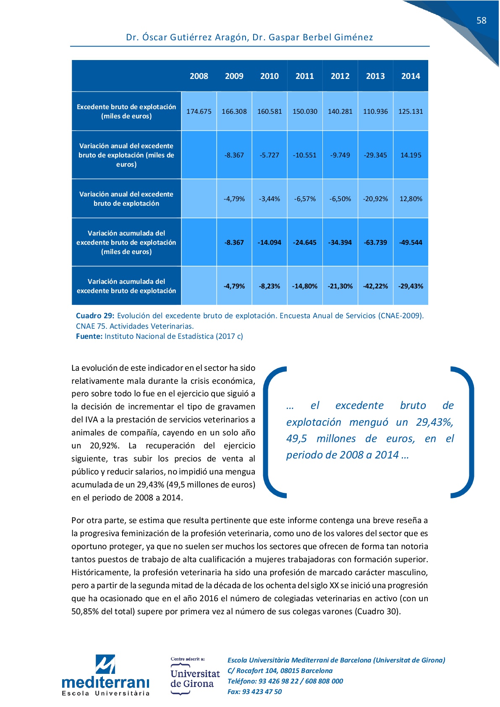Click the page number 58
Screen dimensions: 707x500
point(481,21)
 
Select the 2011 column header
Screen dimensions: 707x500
point(305,76)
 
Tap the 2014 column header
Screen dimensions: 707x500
point(411,76)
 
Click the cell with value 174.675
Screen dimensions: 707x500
point(199,112)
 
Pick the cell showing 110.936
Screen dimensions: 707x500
point(375,112)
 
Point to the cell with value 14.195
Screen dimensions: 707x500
point(411,155)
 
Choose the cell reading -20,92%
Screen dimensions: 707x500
point(375,199)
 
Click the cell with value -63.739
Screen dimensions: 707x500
point(375,243)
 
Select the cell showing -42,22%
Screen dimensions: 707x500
point(375,286)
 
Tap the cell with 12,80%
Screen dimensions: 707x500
point(411,199)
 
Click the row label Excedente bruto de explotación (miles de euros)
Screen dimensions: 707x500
point(126,112)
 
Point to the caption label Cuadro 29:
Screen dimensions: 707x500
point(95,316)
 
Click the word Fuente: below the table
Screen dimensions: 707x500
point(89,336)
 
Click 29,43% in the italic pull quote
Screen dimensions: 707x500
point(434,422)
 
